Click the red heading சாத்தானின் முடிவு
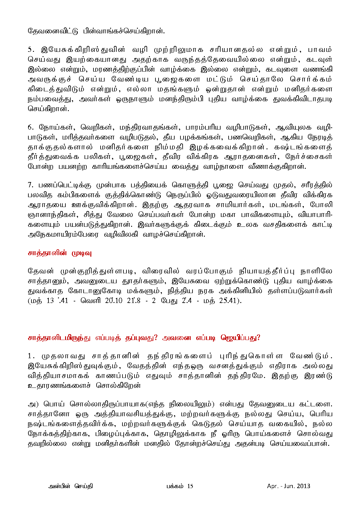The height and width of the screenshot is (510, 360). (x=60, y=253)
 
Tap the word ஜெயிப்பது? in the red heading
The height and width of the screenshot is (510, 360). (x=240, y=338)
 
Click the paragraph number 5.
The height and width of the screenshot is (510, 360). (x=31, y=50)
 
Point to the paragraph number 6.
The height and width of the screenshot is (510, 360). (x=31, y=127)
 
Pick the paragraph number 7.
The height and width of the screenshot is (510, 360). (x=31, y=185)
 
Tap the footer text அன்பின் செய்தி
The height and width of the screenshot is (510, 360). (x=70, y=486)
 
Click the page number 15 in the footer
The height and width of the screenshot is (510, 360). (x=190, y=486)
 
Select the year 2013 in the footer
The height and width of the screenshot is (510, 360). (x=303, y=486)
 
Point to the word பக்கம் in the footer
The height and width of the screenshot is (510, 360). (x=175, y=486)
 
